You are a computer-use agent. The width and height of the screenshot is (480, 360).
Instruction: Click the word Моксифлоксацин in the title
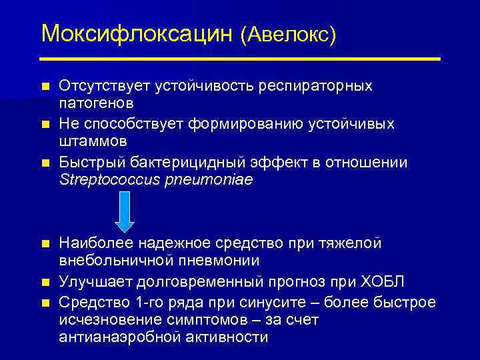[137, 33]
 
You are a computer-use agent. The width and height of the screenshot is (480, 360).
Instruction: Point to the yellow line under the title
[241, 59]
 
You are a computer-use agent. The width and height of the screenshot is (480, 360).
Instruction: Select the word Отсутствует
[105, 87]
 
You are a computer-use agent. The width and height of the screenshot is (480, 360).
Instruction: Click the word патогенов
[96, 103]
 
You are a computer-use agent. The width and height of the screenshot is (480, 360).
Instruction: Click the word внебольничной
[112, 260]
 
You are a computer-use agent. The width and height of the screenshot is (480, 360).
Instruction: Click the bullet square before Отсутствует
[45, 87]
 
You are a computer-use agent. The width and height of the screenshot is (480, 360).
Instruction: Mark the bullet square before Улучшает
[45, 281]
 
